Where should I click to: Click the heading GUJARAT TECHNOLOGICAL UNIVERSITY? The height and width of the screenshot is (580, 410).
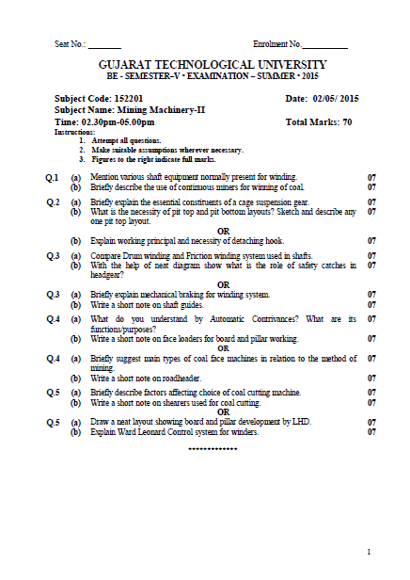point(205,63)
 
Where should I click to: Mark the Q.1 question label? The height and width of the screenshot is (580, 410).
point(53,177)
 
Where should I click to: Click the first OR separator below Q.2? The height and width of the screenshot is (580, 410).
point(223,231)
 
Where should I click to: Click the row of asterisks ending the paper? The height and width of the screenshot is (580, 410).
point(213,449)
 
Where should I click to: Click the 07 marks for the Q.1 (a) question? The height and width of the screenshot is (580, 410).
point(371,177)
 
